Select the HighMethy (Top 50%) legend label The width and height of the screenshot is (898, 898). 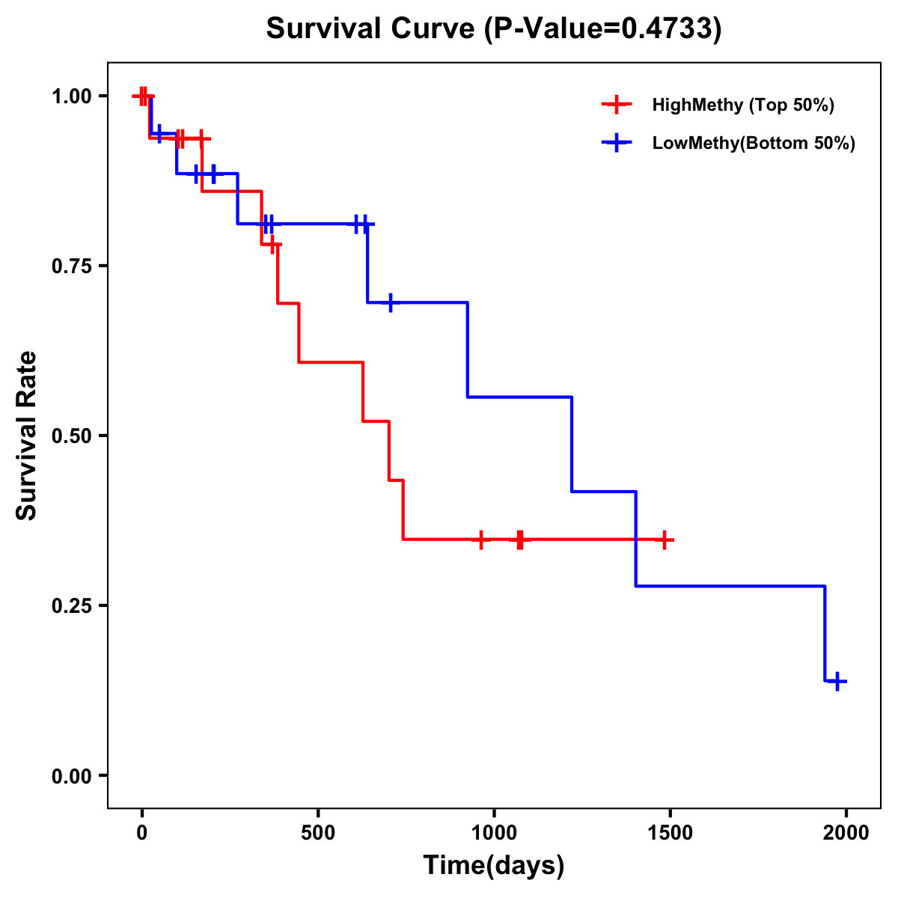coord(742,105)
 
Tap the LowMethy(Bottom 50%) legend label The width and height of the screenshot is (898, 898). coord(754,143)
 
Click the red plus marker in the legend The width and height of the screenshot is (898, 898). coord(616,105)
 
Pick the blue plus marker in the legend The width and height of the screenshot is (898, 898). coord(616,143)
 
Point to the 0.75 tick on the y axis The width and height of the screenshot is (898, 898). coord(72,266)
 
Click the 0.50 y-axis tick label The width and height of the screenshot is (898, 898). coord(72,436)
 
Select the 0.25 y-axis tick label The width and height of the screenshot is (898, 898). coord(72,606)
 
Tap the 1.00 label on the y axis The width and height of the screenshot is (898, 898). coord(72,97)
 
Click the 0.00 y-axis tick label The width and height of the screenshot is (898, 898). coord(72,776)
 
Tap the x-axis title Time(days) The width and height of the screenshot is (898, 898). coord(494,866)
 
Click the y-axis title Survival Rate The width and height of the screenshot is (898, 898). coord(27,436)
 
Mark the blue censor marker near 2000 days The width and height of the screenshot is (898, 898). coord(837,681)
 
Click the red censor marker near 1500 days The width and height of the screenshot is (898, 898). coord(664,540)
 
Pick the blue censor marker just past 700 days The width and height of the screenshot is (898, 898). coord(391,302)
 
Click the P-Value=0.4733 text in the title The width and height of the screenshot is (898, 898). coord(603,29)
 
